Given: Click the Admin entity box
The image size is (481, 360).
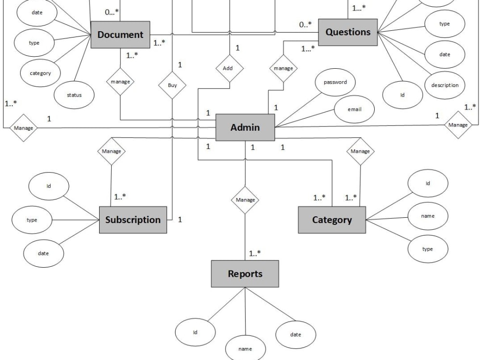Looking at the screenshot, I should click(x=245, y=127).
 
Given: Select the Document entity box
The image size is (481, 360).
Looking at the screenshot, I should click(x=120, y=35).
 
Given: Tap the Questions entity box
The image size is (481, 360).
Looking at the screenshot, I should click(x=348, y=32).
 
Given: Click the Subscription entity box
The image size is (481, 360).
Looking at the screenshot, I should click(x=133, y=220).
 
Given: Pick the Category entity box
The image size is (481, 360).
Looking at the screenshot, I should click(x=332, y=220).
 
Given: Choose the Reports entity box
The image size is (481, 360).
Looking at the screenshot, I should click(x=245, y=274).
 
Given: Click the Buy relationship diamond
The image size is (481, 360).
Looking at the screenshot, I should click(x=172, y=86).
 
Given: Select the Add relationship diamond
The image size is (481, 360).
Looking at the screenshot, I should click(x=228, y=68).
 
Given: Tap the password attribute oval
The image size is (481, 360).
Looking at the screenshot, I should click(x=335, y=82).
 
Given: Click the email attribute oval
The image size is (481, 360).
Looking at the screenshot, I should click(x=354, y=109).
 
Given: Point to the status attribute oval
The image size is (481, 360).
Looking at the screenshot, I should click(x=74, y=95).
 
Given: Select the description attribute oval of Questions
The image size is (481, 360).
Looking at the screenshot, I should click(x=444, y=85).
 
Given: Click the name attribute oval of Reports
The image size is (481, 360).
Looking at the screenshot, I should click(x=245, y=348).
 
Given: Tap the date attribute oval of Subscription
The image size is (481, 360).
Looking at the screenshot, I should click(x=43, y=253).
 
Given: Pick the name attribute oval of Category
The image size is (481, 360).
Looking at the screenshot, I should click(x=427, y=216).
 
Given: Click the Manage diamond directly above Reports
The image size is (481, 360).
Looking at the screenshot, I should click(x=245, y=199).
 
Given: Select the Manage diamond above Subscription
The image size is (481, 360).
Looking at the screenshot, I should click(x=111, y=151).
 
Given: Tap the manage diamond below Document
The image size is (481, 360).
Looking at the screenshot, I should click(x=120, y=82).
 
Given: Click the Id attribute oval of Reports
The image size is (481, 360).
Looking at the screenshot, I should click(x=195, y=332).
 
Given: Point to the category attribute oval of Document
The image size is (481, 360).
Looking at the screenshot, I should click(x=40, y=74).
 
